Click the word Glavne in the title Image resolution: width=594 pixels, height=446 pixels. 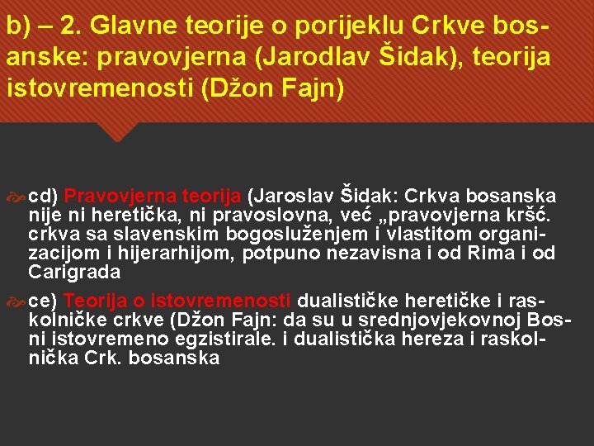125,29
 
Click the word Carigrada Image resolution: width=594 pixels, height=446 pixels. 74,272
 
